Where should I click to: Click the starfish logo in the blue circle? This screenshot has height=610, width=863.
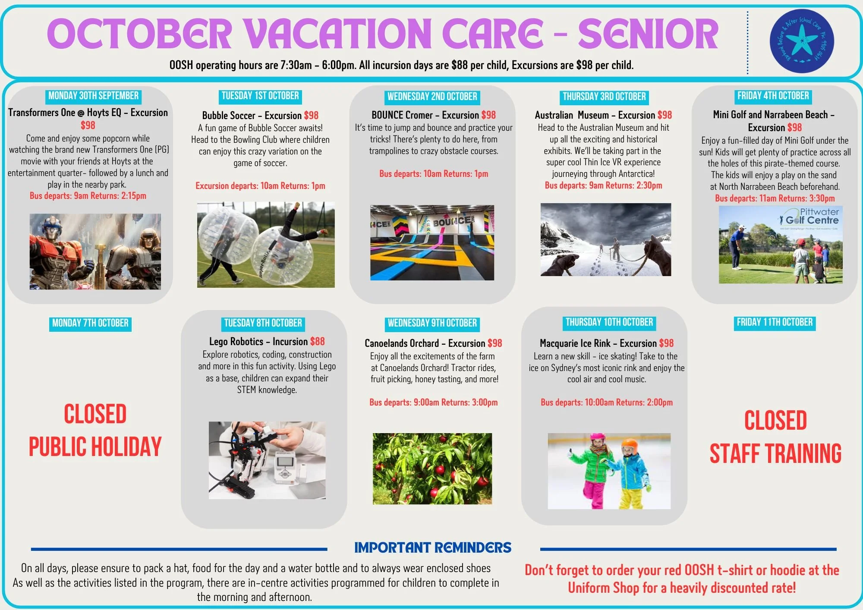point(802,41)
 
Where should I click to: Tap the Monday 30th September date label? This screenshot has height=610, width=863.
point(93,96)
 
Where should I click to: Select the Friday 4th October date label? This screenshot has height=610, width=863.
point(773,96)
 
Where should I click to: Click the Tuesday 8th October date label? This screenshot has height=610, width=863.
point(263,323)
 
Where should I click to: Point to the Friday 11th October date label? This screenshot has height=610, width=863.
point(775,322)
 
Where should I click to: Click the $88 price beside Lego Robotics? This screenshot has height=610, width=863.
point(317,342)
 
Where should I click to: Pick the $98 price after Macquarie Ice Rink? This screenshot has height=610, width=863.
point(666,343)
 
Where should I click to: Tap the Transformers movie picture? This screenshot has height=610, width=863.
point(95,252)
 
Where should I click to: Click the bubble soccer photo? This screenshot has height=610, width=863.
point(266,245)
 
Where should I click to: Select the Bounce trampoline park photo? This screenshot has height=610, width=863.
point(432,243)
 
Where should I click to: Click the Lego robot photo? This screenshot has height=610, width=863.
point(267,460)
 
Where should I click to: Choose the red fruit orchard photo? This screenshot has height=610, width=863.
point(432,469)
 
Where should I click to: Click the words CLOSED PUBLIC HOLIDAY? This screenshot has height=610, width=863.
point(95,430)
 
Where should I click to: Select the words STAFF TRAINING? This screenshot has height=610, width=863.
point(775,453)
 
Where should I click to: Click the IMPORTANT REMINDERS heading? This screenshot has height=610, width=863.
point(433,548)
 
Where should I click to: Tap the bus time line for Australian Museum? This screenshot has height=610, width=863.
point(603,186)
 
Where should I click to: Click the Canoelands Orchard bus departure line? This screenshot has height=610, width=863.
point(433,402)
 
